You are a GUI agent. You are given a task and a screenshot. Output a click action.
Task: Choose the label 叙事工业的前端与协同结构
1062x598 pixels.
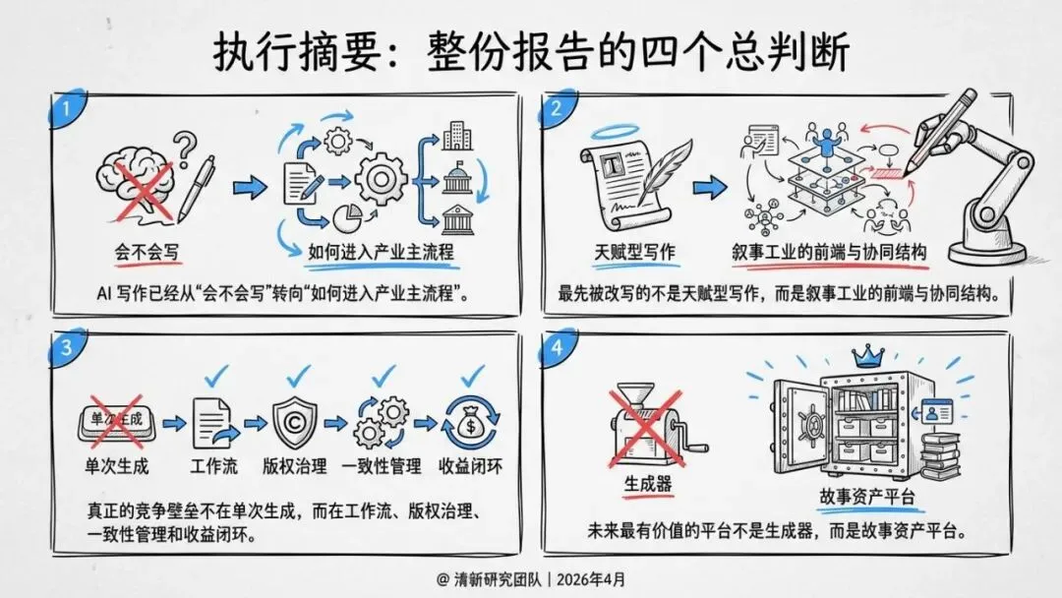(830, 251)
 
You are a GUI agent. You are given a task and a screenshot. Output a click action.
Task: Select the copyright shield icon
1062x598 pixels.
(293, 422)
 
